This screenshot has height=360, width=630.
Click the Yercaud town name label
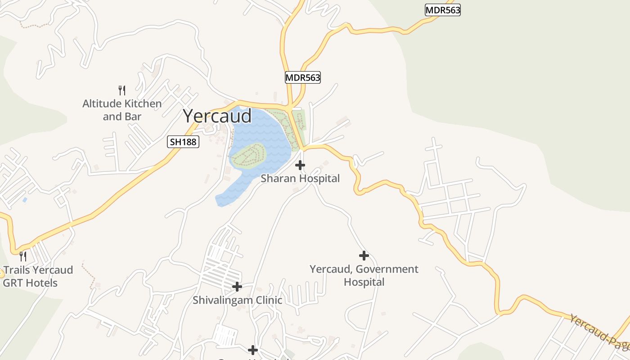pos(217,116)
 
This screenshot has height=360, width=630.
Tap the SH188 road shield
pos(183,142)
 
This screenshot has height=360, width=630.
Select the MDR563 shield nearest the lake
pos(303,77)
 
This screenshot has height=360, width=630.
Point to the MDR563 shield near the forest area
pos(443,10)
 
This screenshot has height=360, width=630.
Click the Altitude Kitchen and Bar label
pos(122,110)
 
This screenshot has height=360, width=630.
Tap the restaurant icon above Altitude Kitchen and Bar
pos(121,90)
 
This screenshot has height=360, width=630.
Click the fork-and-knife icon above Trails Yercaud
pos(23,256)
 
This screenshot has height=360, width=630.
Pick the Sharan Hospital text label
pos(300,179)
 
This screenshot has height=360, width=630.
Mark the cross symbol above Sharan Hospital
pos(300,165)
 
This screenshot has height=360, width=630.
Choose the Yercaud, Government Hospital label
pos(364,275)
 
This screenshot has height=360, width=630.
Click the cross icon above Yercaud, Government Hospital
pos(364,256)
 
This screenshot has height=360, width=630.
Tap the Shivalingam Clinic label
pos(237,300)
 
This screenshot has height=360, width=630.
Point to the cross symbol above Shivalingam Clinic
pos(237,286)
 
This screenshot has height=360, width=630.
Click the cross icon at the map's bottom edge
pos(253,350)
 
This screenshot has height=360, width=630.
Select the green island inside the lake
pos(248,155)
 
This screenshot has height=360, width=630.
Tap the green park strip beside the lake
pos(299,121)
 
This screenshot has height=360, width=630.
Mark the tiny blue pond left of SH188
pos(24,199)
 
